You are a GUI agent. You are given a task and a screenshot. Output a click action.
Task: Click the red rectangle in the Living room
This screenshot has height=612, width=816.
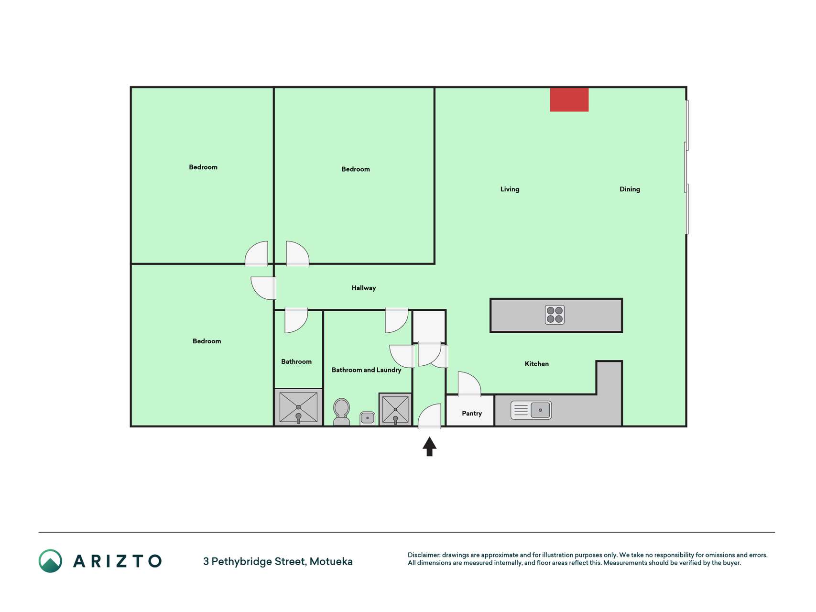pos(569,99)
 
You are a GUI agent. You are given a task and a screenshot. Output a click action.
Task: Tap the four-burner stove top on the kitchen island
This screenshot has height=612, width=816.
pos(555,315)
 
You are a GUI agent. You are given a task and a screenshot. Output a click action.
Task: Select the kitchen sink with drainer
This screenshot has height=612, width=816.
pos(531,410)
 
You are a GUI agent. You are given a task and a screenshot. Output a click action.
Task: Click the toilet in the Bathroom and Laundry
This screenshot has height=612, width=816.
pos(341,412)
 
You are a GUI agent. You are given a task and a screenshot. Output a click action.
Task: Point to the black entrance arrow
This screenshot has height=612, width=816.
pos(429,447)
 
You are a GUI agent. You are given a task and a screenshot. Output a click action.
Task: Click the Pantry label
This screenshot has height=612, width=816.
pos(472,414)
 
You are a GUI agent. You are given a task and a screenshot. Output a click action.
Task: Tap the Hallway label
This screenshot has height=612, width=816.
pos(364,288)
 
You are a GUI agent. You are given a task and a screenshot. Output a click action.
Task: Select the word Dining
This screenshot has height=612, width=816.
pos(630,189)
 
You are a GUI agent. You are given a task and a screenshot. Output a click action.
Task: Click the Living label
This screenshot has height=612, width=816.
pos(510,189)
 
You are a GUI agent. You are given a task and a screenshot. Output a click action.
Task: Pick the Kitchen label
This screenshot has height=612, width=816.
pos(537,364)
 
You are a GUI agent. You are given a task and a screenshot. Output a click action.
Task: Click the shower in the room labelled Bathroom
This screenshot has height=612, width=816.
pos(298,407)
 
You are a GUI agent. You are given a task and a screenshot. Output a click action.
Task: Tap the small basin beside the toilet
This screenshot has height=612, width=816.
pos(367,418)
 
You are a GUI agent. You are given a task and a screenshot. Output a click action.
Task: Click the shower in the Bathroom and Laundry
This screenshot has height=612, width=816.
pos(395,409)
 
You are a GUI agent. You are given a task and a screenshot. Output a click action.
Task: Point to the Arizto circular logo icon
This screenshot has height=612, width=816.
pos(50,561)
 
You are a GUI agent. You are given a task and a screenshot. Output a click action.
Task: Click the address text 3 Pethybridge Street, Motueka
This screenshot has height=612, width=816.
pos(278,561)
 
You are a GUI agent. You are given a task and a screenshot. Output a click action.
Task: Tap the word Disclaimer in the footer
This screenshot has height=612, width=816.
pos(424,555)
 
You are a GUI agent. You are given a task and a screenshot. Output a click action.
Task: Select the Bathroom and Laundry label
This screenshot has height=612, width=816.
pos(367,370)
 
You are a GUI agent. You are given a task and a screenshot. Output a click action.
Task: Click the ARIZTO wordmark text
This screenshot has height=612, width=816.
pos(117,561)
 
